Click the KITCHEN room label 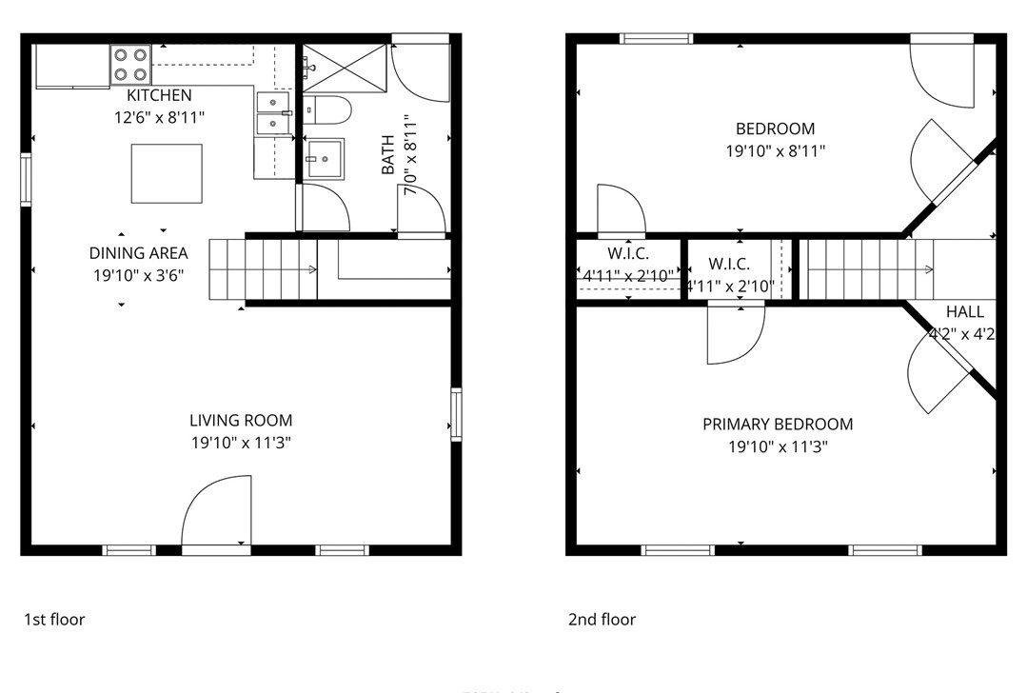pyautogui.click(x=159, y=95)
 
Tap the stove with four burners pyautogui.click(x=131, y=64)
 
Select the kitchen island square pyautogui.click(x=167, y=173)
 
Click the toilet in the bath pyautogui.click(x=326, y=111)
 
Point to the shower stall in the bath pyautogui.click(x=346, y=67)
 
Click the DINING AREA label pyautogui.click(x=138, y=253)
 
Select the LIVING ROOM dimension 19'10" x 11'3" pyautogui.click(x=241, y=443)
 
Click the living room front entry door pyautogui.click(x=217, y=514)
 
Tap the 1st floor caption pyautogui.click(x=54, y=620)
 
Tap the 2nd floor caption pyautogui.click(x=602, y=620)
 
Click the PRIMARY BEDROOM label pyautogui.click(x=778, y=425)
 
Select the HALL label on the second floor pyautogui.click(x=964, y=312)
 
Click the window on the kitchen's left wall pyautogui.click(x=27, y=180)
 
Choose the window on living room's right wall pyautogui.click(x=456, y=414)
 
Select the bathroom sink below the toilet pyautogui.click(x=325, y=158)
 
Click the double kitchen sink pyautogui.click(x=273, y=112)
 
